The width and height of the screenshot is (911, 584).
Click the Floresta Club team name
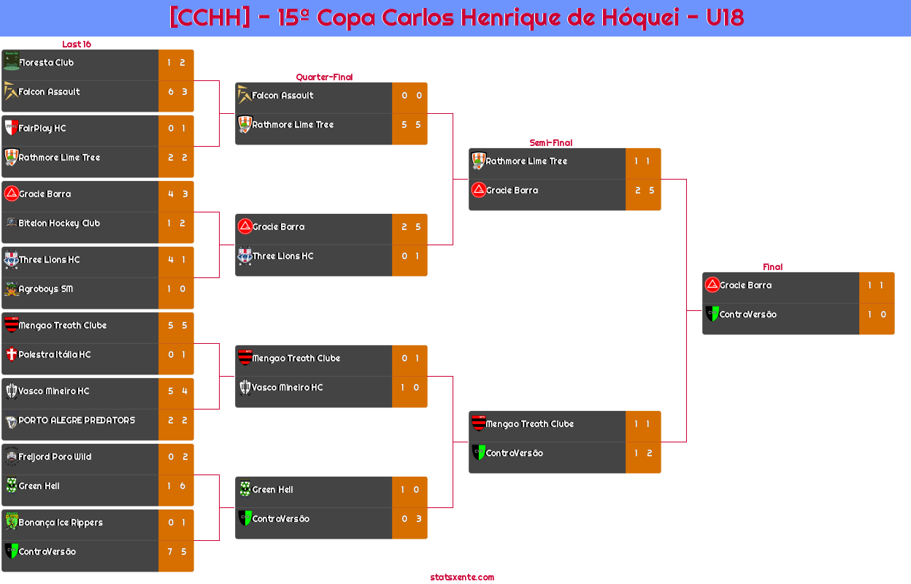pyautogui.click(x=46, y=63)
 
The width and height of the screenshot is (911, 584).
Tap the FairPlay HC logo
pyautogui.click(x=11, y=128)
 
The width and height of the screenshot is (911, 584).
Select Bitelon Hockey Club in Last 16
pyautogui.click(x=59, y=223)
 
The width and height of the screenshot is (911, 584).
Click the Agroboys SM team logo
pyautogui.click(x=11, y=289)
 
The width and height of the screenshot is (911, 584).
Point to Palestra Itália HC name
pyautogui.click(x=55, y=355)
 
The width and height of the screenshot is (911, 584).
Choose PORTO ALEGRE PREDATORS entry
pyautogui.click(x=77, y=420)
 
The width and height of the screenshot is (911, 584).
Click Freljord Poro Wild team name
pyautogui.click(x=55, y=457)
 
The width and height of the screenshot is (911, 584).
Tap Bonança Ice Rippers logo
pyautogui.click(x=11, y=522)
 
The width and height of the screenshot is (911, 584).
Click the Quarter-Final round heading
pyautogui.click(x=323, y=77)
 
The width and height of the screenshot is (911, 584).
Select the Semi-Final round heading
pyautogui.click(x=550, y=143)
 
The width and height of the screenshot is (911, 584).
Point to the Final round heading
pyautogui.click(x=772, y=267)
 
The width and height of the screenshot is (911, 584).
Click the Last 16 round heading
pyautogui.click(x=76, y=45)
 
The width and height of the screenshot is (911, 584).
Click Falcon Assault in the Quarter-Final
pyautogui.click(x=282, y=96)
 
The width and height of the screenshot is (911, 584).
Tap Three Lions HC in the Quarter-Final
pyautogui.click(x=282, y=256)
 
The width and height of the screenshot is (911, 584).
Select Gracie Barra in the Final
pyautogui.click(x=745, y=285)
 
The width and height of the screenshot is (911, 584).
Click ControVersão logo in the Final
pyautogui.click(x=712, y=314)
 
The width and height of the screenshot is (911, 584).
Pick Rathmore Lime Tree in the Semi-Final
pyautogui.click(x=526, y=161)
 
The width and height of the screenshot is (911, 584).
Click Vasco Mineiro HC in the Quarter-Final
pyautogui.click(x=287, y=388)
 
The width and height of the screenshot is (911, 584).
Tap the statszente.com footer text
pyautogui.click(x=462, y=577)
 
